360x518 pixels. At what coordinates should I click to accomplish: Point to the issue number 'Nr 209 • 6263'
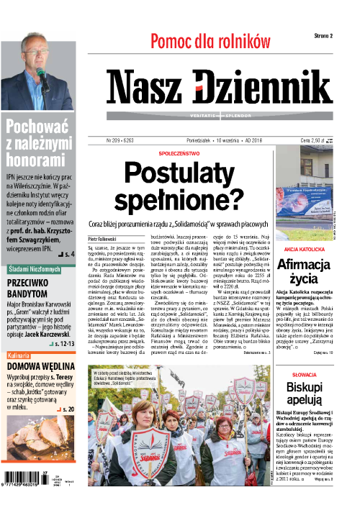pos(125,141)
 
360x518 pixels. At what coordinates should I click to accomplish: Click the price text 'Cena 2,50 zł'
pos(314,141)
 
